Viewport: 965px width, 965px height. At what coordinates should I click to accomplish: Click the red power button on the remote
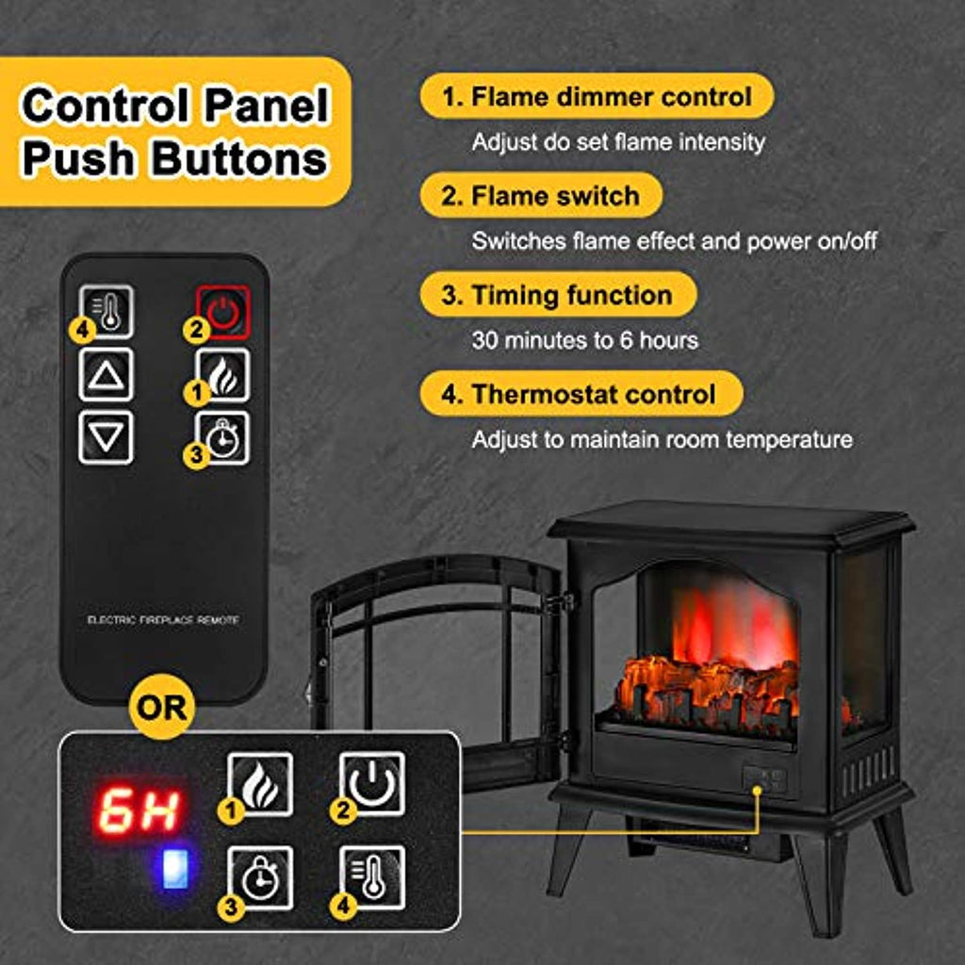(x=222, y=312)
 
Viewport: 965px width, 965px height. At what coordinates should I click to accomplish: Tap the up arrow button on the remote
(x=106, y=375)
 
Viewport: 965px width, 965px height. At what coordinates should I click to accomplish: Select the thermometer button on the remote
(x=106, y=311)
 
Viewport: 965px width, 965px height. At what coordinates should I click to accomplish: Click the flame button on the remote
(x=222, y=375)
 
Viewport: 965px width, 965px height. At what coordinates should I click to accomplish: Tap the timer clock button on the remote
(x=222, y=438)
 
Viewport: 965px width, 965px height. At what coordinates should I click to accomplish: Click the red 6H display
(x=139, y=810)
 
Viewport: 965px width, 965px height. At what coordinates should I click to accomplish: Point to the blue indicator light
(x=174, y=869)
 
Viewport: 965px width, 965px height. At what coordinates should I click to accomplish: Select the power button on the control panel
(x=372, y=784)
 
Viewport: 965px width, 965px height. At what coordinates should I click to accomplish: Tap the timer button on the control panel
(x=260, y=877)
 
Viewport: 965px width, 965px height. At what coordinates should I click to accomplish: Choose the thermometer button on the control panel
(x=372, y=877)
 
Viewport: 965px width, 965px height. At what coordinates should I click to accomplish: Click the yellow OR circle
(x=162, y=707)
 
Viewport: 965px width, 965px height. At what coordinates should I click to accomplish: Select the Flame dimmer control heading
(x=597, y=96)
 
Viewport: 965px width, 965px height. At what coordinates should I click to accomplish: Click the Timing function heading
(x=558, y=295)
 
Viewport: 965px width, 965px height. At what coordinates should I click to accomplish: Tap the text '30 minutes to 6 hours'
(x=585, y=340)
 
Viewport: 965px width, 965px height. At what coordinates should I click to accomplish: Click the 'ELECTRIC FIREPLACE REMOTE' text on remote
(x=163, y=620)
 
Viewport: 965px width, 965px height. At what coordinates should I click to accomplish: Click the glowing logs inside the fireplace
(x=708, y=695)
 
